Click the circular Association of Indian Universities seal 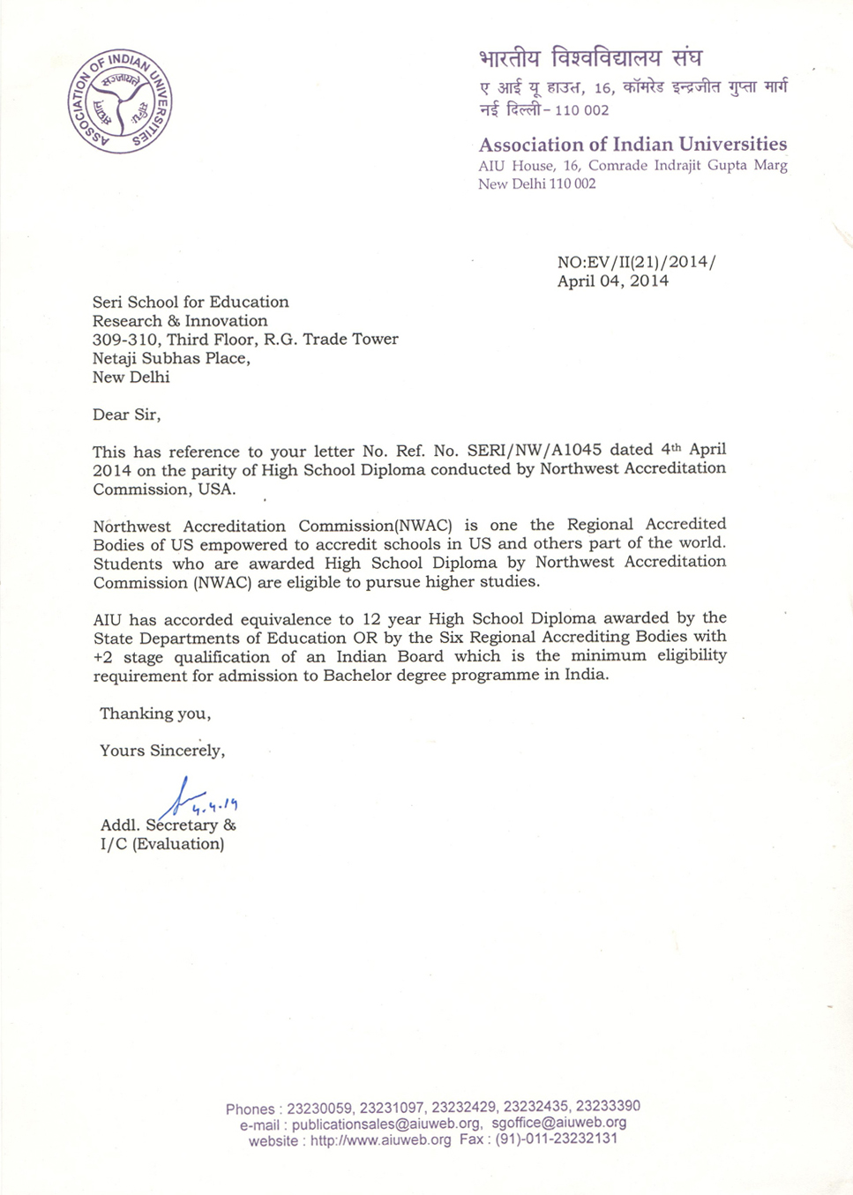point(120,101)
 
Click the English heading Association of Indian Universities point(632,144)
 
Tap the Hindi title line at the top point(590,59)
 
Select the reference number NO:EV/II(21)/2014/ point(636,262)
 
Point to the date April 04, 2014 point(612,281)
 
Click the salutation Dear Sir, point(126,415)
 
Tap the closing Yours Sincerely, point(162,751)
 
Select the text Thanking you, point(155,713)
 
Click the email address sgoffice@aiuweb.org point(559,1123)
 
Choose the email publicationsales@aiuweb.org point(386,1124)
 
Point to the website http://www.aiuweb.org point(380,1139)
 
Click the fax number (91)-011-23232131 point(556,1139)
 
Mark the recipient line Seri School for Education point(191,302)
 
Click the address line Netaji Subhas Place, point(171,358)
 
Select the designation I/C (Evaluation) point(162,844)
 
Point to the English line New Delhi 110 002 point(536,183)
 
